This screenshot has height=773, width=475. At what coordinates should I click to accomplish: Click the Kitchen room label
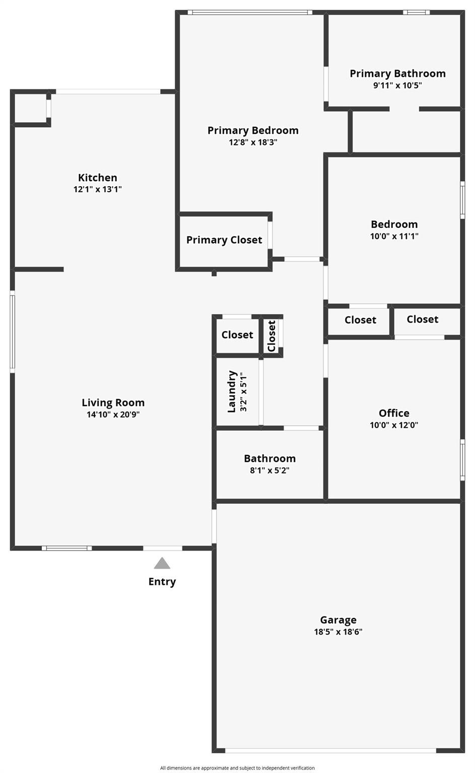point(97,178)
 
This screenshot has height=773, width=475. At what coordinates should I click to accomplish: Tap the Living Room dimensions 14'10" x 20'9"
point(113,415)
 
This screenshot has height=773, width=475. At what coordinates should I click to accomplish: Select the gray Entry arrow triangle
point(162,563)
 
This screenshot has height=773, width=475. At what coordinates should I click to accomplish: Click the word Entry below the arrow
point(162,582)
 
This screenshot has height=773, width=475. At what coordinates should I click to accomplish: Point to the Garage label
point(338,620)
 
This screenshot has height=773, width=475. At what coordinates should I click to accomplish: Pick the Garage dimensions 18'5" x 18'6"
point(338,632)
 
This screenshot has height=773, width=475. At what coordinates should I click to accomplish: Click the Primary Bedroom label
point(253,130)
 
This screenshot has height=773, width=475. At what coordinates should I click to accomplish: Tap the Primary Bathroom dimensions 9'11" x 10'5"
point(397,86)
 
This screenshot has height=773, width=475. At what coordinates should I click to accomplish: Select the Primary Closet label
point(224,240)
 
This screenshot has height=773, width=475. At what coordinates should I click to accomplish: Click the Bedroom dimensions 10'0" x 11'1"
point(394,236)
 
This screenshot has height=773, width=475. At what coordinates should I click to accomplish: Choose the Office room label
point(394,413)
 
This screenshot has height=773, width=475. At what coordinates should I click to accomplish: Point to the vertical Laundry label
point(232,392)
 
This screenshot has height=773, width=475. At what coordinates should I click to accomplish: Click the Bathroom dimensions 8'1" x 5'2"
point(269,471)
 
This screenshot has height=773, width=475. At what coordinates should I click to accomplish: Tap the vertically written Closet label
point(272,336)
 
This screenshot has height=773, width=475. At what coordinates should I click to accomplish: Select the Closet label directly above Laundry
point(237,335)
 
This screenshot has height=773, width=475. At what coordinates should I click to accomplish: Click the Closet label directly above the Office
point(422,319)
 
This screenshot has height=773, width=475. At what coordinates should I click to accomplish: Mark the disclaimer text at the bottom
point(237,768)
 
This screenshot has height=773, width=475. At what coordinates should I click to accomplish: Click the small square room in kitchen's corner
point(30,108)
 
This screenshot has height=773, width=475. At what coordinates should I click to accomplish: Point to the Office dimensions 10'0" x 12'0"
point(394,425)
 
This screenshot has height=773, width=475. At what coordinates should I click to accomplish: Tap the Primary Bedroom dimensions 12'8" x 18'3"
point(253,142)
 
